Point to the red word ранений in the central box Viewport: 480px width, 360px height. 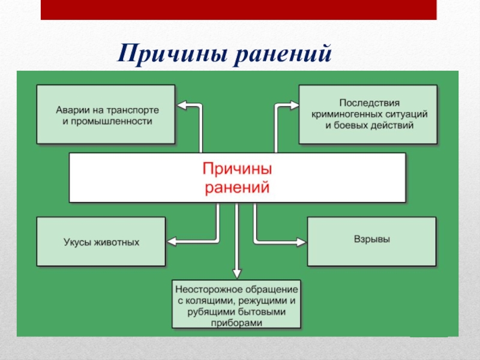click(x=236, y=187)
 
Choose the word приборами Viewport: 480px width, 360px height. click(x=237, y=323)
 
